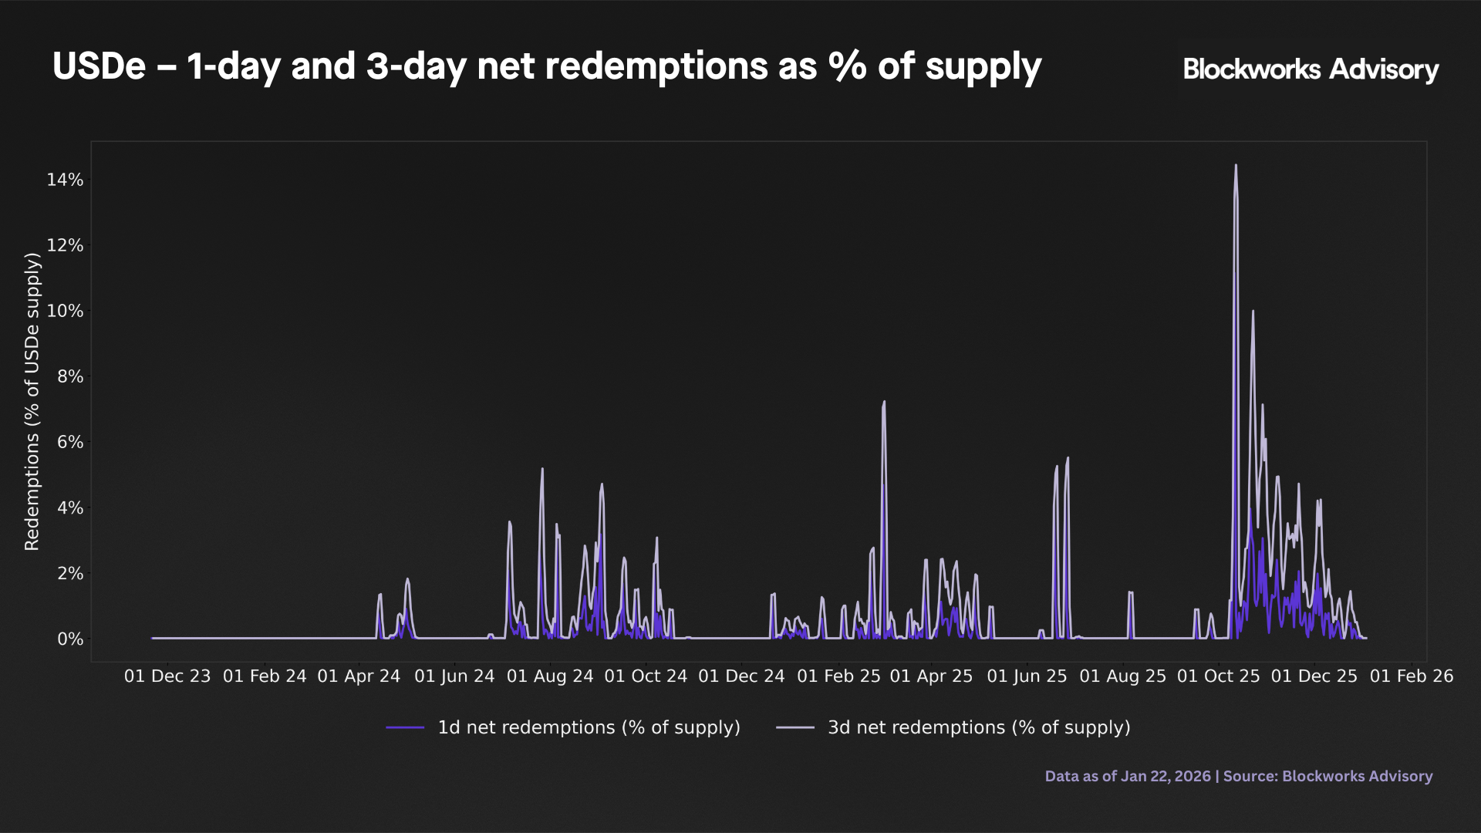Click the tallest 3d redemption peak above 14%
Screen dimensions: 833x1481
pos(1235,166)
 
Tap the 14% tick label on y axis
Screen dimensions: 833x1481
pos(65,180)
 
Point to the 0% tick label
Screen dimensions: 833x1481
pos(70,639)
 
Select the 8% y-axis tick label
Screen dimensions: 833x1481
pos(70,376)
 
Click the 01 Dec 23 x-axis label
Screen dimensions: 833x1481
pos(167,676)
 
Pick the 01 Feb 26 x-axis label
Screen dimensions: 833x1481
pos(1411,676)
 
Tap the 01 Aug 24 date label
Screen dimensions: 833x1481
pos(550,676)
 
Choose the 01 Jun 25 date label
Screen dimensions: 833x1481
pos(1027,676)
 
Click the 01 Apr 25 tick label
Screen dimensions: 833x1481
pos(931,676)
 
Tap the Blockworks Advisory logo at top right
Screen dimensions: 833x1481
pos(1311,69)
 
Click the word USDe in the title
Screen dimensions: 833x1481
pos(99,66)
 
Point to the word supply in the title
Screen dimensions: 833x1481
pos(983,66)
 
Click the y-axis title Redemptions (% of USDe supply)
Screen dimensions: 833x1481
pos(32,401)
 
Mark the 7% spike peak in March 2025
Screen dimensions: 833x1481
pos(884,402)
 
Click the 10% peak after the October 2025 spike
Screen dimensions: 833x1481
pos(1253,312)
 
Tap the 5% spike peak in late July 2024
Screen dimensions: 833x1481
pos(542,469)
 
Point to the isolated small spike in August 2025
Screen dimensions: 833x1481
pos(1130,592)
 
